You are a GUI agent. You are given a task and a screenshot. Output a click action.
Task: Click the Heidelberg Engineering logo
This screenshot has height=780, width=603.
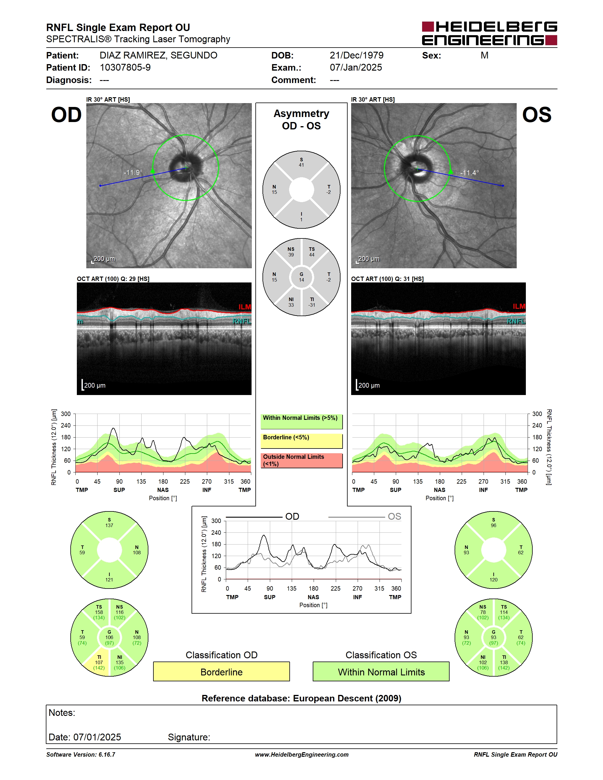coord(489,34)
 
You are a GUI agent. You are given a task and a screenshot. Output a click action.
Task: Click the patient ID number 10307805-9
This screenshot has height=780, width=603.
coord(125,67)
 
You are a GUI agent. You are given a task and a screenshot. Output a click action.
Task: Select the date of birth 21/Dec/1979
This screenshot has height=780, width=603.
coord(356,55)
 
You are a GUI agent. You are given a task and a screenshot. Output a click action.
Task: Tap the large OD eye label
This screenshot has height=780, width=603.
coord(67,115)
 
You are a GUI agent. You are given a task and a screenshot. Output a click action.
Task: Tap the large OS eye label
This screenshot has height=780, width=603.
coord(536,115)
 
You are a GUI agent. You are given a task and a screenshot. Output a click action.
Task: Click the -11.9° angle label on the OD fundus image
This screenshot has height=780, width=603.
coord(133,173)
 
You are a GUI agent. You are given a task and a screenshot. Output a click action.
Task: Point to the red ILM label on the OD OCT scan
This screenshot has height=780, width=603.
coord(245,307)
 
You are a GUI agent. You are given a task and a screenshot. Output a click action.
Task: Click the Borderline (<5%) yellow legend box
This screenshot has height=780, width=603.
coord(301,441)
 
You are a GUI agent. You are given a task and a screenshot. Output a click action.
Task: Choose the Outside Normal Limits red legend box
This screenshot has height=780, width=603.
coord(301,460)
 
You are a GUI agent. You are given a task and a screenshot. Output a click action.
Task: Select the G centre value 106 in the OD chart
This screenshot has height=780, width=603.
coord(109,637)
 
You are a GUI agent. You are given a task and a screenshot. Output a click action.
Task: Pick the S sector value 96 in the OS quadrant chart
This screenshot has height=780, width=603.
coord(493,525)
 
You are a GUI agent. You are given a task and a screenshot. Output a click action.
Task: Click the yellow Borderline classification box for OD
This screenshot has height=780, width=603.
coord(221,672)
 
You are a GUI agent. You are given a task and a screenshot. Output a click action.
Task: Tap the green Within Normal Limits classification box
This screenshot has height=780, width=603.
coord(381,672)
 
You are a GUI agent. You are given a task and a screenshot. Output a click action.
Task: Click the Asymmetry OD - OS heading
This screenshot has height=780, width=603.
coord(301,120)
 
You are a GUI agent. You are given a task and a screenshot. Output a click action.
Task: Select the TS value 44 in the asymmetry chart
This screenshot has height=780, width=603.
coord(312,255)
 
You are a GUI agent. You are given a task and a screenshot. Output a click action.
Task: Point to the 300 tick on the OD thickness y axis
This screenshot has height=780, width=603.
coord(66,414)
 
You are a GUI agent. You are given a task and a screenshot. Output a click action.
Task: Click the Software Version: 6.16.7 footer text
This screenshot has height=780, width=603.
coord(81,755)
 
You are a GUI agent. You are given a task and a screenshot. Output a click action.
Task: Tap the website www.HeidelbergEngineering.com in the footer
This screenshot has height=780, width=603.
coord(302,755)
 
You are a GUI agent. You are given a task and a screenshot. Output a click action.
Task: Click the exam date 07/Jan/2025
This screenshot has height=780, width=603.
coord(356,67)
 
